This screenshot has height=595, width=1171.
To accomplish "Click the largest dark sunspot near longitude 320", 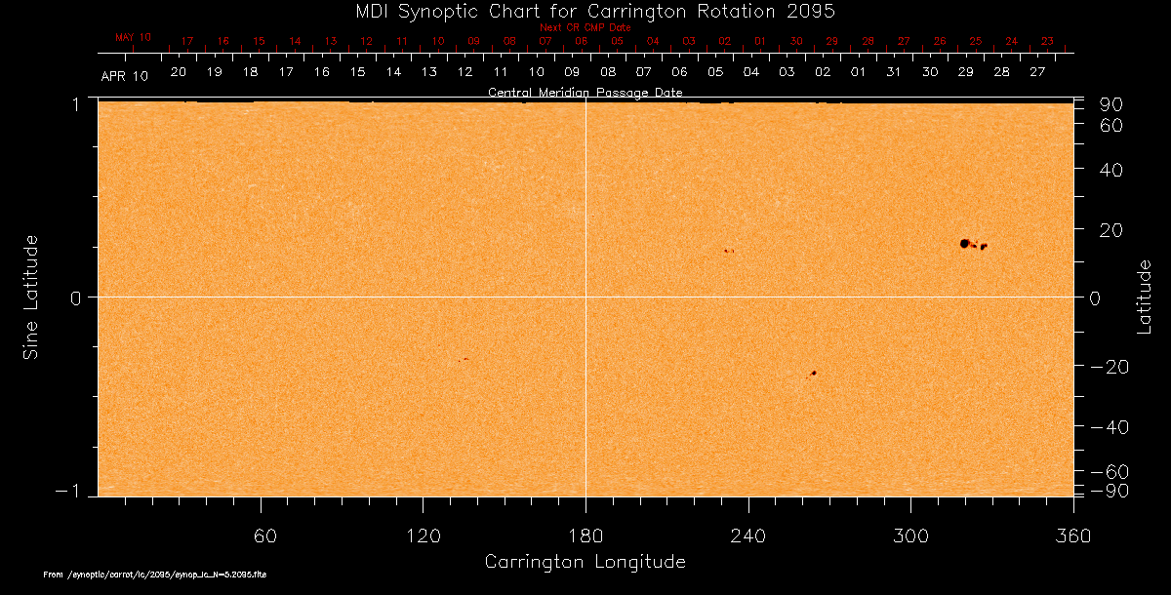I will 964,243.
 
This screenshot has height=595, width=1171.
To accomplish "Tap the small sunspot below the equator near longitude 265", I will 813,373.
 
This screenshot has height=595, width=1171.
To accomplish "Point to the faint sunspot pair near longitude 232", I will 728,251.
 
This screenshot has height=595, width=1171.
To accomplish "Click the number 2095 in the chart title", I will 811,11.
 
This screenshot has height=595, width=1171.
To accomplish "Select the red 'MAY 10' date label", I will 134,37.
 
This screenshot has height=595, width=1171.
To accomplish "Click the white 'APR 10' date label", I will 124,75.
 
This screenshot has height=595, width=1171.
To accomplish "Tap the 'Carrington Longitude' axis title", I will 585,562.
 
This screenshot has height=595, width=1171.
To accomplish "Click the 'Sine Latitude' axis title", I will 30,297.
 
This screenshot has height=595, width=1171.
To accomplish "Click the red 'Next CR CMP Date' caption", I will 585,27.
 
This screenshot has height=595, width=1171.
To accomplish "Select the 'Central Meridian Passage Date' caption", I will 585,93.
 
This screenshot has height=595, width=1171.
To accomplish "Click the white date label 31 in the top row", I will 894,72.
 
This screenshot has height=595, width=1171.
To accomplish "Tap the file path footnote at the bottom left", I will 155,575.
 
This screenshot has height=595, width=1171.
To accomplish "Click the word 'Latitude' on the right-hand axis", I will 1145,297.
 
